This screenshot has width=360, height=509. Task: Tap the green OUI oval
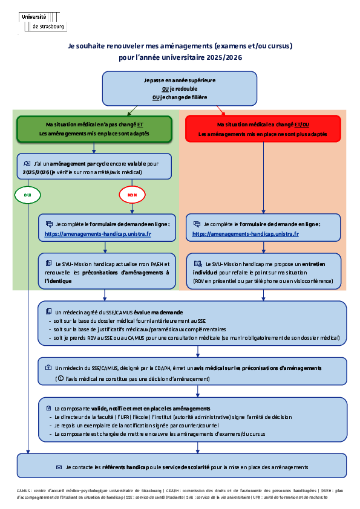tap(27, 195)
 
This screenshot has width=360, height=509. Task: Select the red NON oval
tap(132, 195)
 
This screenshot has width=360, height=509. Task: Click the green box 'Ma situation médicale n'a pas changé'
tap(94, 129)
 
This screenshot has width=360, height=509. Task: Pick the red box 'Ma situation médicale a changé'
tap(263, 129)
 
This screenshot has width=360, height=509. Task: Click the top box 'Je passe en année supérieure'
tap(180, 88)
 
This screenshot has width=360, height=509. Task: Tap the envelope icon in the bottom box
tap(59, 467)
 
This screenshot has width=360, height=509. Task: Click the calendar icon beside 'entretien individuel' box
tap(197, 264)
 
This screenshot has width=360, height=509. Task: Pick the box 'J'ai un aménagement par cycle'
tap(94, 166)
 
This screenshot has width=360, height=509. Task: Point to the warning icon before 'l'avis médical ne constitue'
tap(59, 378)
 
